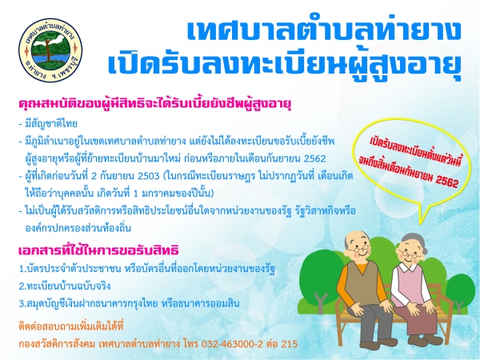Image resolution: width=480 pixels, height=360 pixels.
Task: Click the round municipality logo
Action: click(x=50, y=50)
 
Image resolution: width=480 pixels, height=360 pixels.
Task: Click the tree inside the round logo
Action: click(x=47, y=49)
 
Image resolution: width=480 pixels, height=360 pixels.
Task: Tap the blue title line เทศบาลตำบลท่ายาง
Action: click(x=323, y=30)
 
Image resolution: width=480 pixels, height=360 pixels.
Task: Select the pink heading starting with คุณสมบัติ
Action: click(x=154, y=104)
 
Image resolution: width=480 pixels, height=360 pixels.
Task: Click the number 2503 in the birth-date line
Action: click(x=149, y=176)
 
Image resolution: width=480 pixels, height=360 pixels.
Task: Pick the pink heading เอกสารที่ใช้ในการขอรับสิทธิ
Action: click(x=98, y=250)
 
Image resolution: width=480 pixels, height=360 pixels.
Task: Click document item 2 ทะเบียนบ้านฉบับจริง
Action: click(x=65, y=286)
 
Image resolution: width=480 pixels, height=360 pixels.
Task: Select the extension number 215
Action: click(x=290, y=344)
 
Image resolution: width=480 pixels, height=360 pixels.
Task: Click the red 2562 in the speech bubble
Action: click(x=447, y=182)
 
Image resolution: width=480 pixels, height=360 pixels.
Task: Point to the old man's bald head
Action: click(x=358, y=238)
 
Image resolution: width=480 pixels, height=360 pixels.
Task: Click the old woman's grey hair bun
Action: click(x=416, y=241)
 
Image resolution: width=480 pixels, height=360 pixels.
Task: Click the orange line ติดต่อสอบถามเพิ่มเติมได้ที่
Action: click(x=70, y=326)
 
